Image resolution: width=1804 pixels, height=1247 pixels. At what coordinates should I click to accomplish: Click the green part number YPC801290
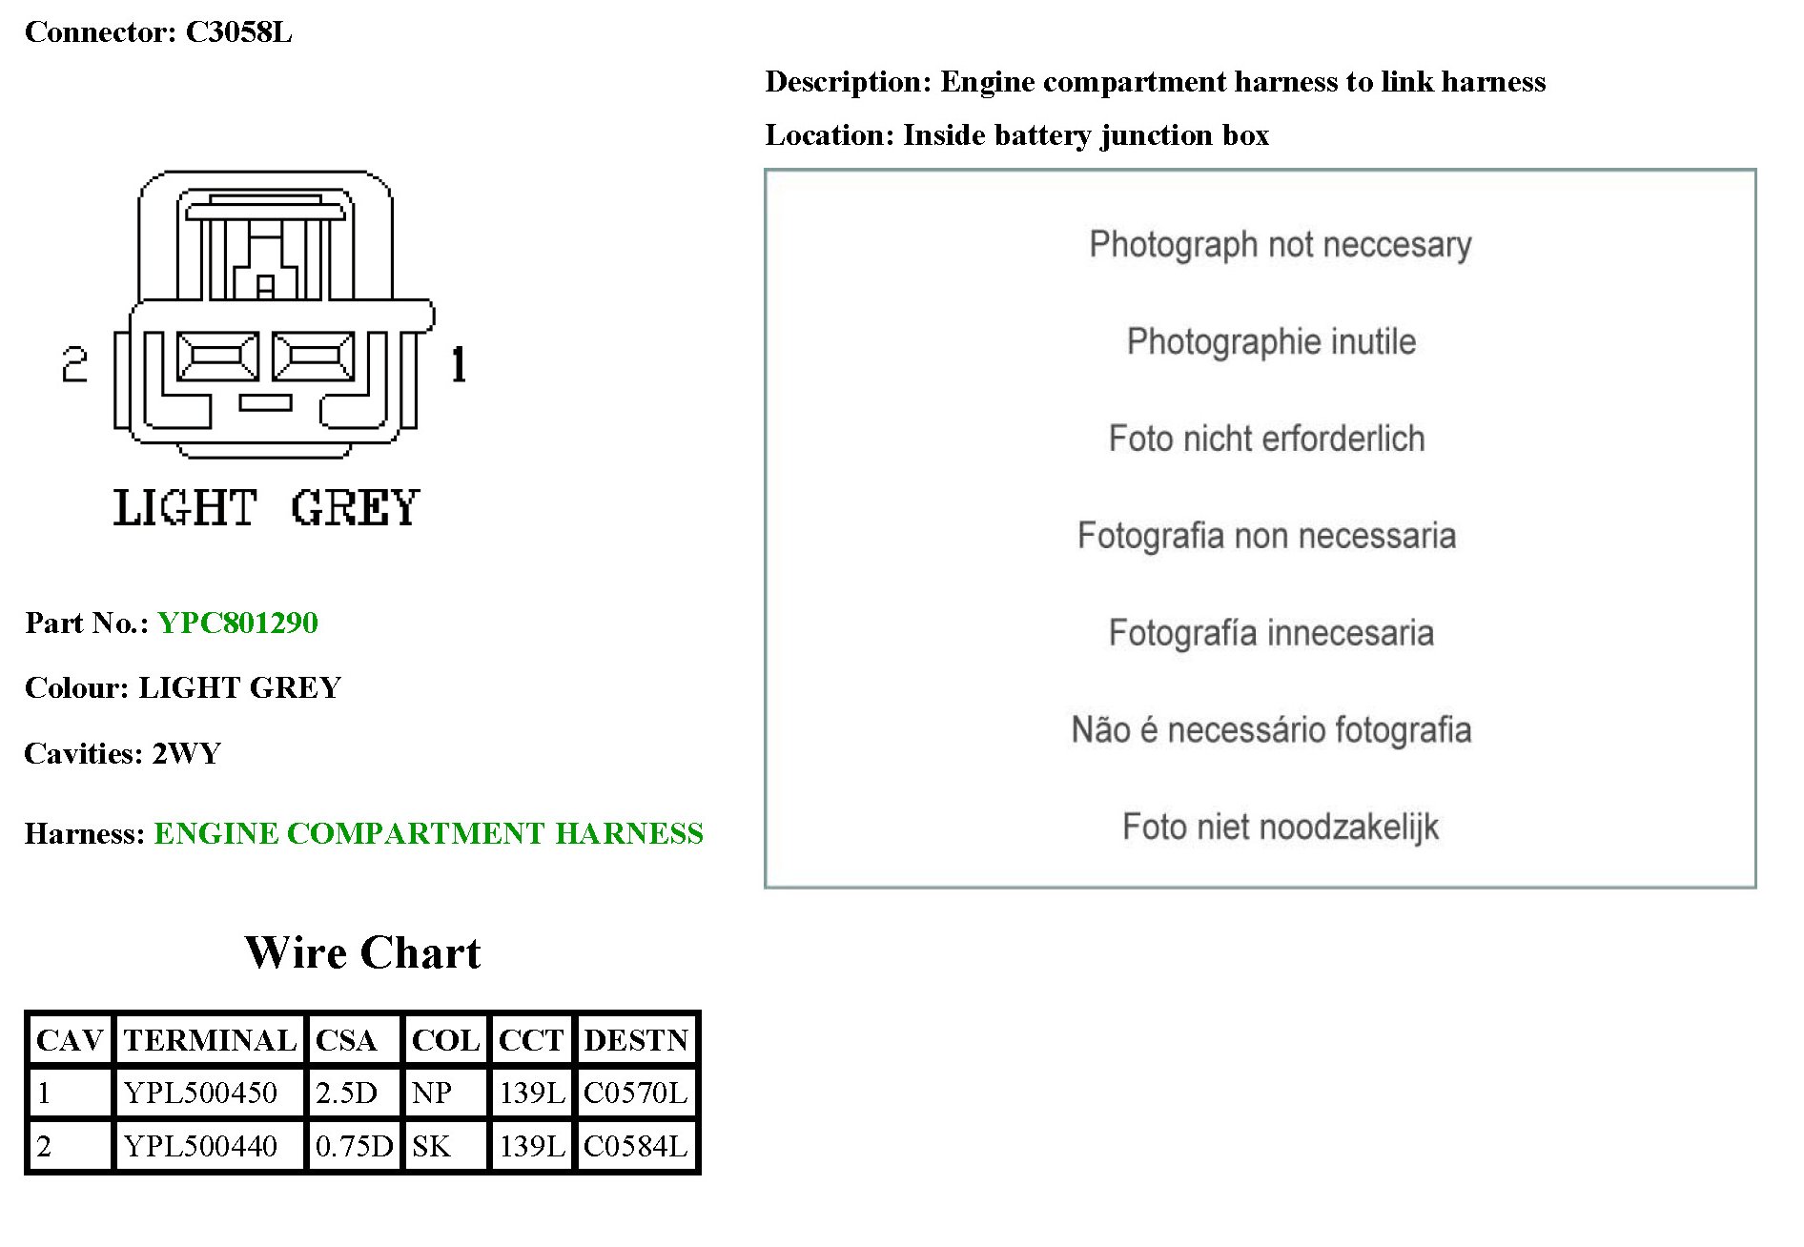(237, 623)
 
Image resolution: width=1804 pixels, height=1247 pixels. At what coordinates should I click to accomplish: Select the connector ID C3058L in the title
(238, 32)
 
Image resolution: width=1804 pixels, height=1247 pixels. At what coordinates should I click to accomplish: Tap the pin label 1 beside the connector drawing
(459, 365)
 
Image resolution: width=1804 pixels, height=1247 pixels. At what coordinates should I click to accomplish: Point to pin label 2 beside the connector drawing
(74, 365)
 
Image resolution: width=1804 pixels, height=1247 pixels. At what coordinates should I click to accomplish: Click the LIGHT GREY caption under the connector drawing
(266, 507)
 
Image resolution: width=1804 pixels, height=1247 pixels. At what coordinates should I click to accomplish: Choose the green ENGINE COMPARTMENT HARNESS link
(428, 833)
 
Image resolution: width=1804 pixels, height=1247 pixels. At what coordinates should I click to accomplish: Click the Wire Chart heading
(362, 952)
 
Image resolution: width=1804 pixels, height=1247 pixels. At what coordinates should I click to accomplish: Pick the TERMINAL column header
(210, 1039)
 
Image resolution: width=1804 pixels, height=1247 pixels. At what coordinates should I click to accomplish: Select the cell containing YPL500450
(200, 1093)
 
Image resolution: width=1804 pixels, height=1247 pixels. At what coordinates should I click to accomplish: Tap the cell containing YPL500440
(200, 1146)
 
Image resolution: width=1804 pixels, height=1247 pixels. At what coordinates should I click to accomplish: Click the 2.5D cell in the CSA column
(346, 1093)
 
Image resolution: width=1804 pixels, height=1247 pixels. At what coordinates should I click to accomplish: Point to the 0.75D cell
(354, 1146)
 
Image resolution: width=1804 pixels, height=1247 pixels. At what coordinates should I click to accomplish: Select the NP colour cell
(432, 1093)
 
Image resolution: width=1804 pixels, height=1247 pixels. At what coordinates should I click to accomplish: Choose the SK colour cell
(431, 1146)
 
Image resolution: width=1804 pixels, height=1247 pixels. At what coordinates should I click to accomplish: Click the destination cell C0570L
(635, 1093)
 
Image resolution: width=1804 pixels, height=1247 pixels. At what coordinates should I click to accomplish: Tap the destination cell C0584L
(635, 1146)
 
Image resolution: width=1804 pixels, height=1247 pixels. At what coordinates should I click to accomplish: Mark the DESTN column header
(636, 1039)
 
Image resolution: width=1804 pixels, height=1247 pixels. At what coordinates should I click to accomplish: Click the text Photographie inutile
(1271, 341)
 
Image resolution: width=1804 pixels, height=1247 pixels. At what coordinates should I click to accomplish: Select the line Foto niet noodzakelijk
(1280, 827)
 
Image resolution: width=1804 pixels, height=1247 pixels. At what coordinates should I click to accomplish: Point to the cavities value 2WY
(187, 753)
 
